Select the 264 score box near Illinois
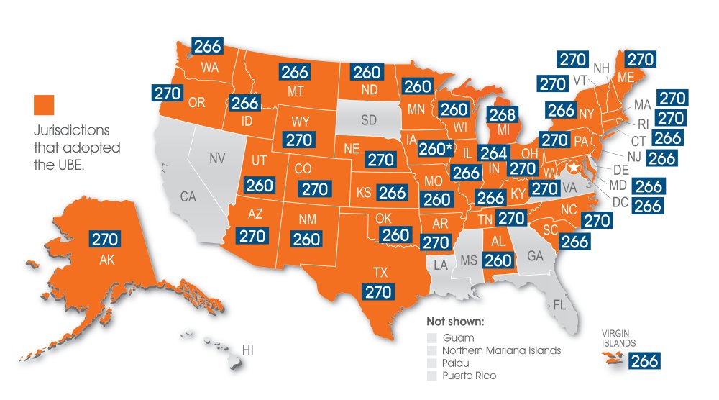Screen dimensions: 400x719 (x=493, y=153)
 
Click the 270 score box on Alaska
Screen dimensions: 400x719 (x=104, y=240)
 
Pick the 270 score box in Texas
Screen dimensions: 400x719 (x=378, y=291)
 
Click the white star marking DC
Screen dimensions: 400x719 (x=574, y=168)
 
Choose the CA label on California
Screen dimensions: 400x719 (x=188, y=196)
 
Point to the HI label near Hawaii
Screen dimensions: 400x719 (x=248, y=350)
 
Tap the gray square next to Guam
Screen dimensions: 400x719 (x=431, y=337)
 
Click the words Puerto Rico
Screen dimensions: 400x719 (x=469, y=376)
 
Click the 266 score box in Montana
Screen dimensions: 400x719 (x=295, y=72)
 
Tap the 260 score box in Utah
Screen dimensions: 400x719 (x=259, y=185)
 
